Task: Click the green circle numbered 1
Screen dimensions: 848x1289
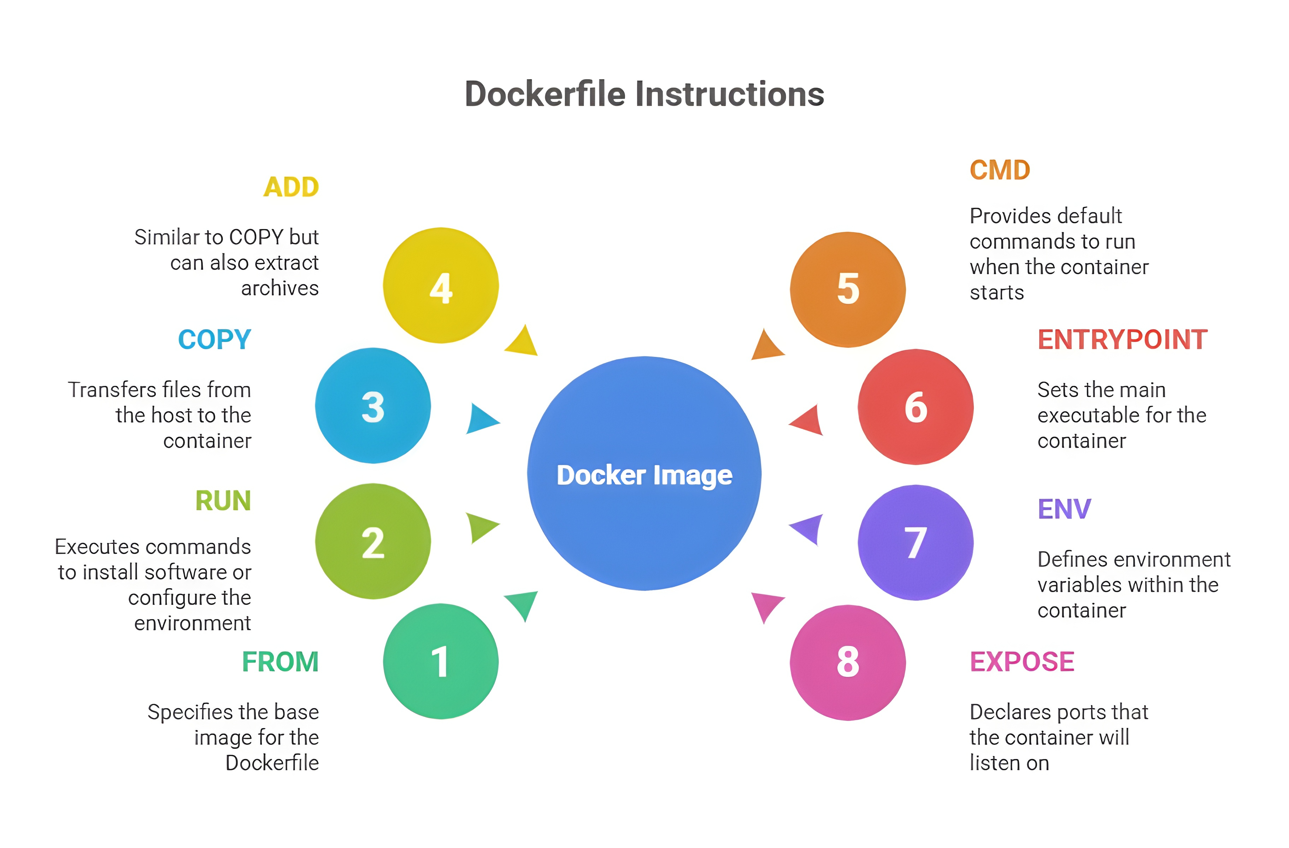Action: coord(440,661)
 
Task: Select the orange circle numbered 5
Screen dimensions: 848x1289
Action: coord(848,289)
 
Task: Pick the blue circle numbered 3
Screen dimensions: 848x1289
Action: coord(373,406)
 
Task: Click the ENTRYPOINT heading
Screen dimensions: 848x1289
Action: coord(1122,340)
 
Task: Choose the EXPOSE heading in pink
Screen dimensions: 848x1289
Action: coord(1022,662)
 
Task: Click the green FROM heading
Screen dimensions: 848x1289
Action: coord(280,662)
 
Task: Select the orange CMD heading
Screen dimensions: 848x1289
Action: coord(1000,171)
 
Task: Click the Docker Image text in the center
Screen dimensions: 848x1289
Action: coord(644,476)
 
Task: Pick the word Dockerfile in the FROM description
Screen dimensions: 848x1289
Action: coord(272,763)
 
